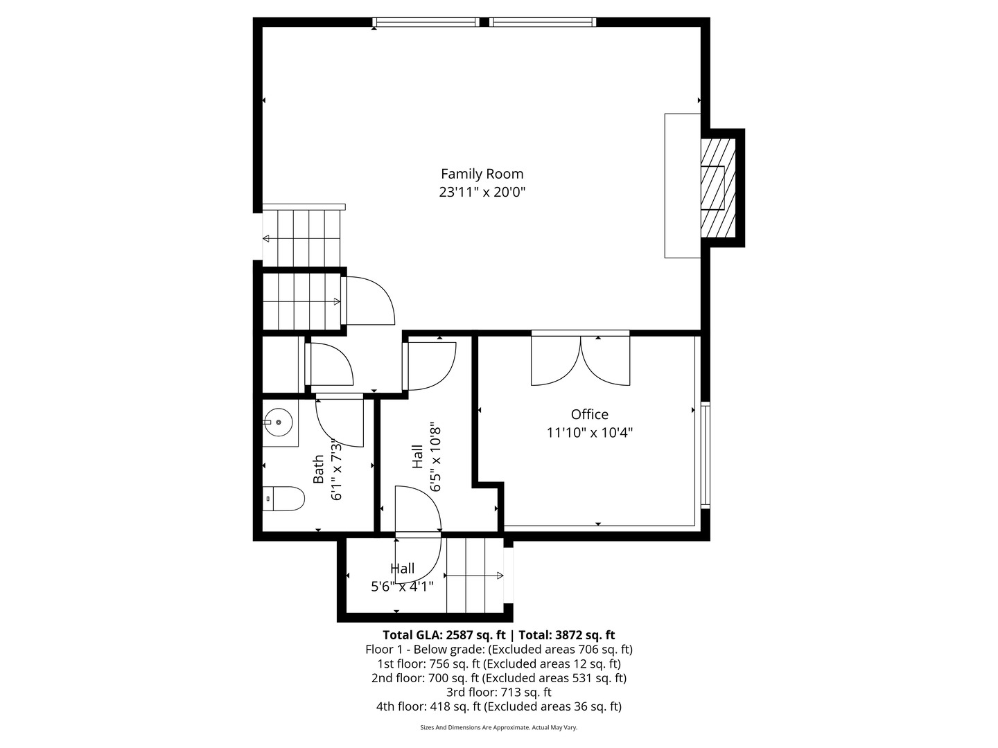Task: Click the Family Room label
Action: click(482, 174)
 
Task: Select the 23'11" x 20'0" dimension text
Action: click(482, 192)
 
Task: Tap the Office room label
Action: click(589, 414)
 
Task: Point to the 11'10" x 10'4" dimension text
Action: click(589, 433)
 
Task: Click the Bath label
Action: click(318, 469)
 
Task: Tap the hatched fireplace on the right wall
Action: click(717, 188)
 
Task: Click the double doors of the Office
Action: click(581, 359)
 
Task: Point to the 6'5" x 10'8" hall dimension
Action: click(435, 457)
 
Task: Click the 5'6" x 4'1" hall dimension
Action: click(402, 587)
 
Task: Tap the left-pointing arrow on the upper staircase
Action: click(266, 239)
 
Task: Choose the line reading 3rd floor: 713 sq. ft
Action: click(498, 692)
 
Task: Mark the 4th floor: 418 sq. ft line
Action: click(498, 706)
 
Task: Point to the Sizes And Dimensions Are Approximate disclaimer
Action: click(498, 727)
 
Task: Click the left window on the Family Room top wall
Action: click(426, 22)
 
